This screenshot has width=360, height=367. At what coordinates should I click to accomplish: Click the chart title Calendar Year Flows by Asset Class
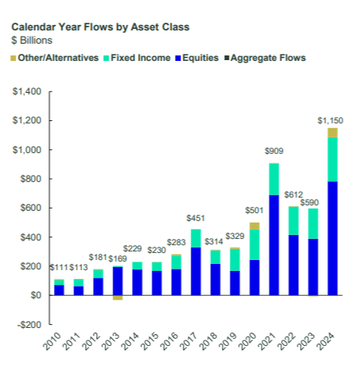click(x=101, y=27)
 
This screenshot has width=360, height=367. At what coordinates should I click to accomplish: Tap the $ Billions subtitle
click(x=32, y=41)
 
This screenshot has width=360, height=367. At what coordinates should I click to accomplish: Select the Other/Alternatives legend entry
click(x=55, y=58)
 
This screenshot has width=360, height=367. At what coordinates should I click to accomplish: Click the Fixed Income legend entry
click(x=137, y=58)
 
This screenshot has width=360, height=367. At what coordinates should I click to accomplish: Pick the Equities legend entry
click(x=197, y=58)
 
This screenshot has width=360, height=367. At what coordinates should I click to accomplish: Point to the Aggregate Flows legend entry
click(x=266, y=58)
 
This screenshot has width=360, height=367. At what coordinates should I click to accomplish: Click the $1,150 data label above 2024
click(x=330, y=120)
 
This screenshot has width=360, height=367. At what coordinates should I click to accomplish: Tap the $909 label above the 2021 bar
click(x=274, y=151)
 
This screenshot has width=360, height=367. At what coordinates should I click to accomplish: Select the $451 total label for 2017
click(x=195, y=218)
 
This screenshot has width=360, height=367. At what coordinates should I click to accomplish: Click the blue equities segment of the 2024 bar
click(x=333, y=238)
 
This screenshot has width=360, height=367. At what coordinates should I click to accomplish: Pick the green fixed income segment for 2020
click(x=255, y=244)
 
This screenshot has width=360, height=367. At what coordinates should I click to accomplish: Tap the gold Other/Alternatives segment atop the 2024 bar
click(x=333, y=133)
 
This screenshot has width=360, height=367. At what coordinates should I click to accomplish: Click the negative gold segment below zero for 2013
click(x=118, y=298)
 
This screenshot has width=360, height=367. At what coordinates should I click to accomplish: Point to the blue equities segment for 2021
click(x=274, y=245)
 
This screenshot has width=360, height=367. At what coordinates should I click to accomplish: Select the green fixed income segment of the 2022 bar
click(x=294, y=221)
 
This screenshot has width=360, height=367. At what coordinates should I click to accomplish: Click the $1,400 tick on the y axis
click(x=27, y=91)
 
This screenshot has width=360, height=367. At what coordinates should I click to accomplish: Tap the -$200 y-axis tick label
click(x=29, y=325)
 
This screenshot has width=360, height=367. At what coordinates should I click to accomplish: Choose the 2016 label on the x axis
click(x=169, y=341)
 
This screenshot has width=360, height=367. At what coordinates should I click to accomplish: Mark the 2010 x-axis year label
click(x=52, y=341)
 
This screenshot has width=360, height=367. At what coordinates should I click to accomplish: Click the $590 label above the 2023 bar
click(x=309, y=202)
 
